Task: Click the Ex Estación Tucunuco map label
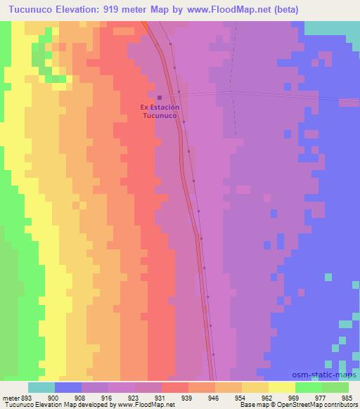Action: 160,111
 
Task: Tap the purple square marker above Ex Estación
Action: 160,98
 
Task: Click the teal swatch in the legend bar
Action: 41,388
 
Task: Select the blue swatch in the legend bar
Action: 67,388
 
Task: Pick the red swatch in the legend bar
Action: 174,388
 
